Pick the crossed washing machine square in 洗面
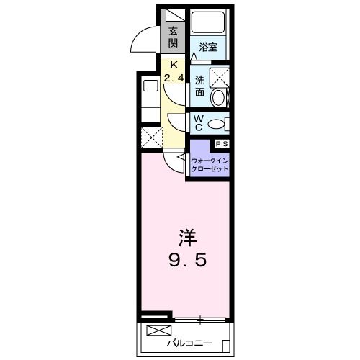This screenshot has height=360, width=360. [x=219, y=76]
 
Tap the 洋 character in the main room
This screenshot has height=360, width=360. [x=185, y=237]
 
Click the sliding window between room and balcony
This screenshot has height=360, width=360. [x=202, y=318]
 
